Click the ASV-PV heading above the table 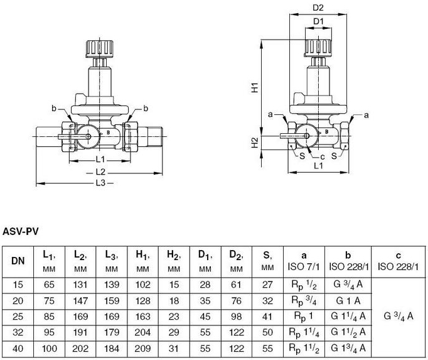21,232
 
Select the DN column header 18,261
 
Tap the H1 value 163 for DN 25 142,317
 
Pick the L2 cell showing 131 80,285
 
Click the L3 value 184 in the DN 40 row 112,349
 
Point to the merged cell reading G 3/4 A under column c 399,316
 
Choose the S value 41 267,317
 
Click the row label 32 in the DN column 18,332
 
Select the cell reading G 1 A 348,301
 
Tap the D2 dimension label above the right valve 318,8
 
